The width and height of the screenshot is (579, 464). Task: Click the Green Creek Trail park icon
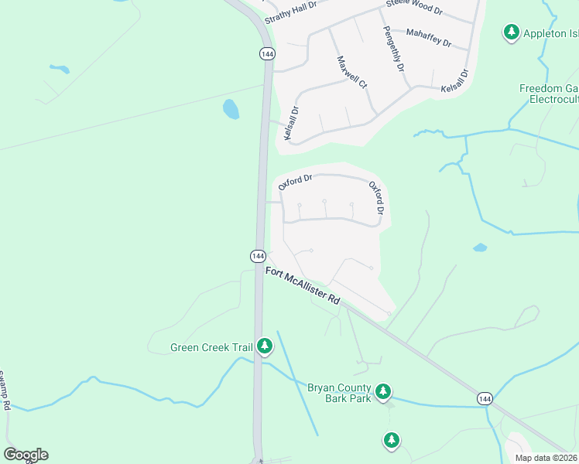pyautogui.click(x=266, y=346)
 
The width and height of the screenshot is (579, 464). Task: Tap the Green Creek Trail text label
pyautogui.click(x=211, y=348)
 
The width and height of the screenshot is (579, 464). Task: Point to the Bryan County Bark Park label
pyautogui.click(x=340, y=393)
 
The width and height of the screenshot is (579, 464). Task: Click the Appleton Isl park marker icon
pyautogui.click(x=511, y=32)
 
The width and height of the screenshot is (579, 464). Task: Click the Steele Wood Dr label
pyautogui.click(x=414, y=9)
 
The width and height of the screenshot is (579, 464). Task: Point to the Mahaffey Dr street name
pyautogui.click(x=428, y=37)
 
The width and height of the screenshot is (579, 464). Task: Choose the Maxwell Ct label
pyautogui.click(x=351, y=72)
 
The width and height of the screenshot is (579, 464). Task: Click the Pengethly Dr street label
pyautogui.click(x=394, y=48)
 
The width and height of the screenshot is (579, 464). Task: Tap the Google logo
pyautogui.click(x=26, y=455)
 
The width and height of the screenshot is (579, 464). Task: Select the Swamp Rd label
pyautogui.click(x=5, y=391)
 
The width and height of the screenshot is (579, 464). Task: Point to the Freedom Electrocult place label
pyautogui.click(x=549, y=94)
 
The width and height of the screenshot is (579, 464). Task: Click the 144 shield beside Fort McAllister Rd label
pyautogui.click(x=259, y=256)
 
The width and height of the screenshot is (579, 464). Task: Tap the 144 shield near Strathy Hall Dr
pyautogui.click(x=267, y=53)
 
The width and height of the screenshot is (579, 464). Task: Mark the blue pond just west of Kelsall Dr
pyautogui.click(x=231, y=109)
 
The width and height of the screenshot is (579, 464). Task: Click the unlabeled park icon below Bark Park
pyautogui.click(x=392, y=441)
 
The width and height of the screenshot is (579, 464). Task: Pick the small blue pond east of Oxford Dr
pyautogui.click(x=480, y=248)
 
